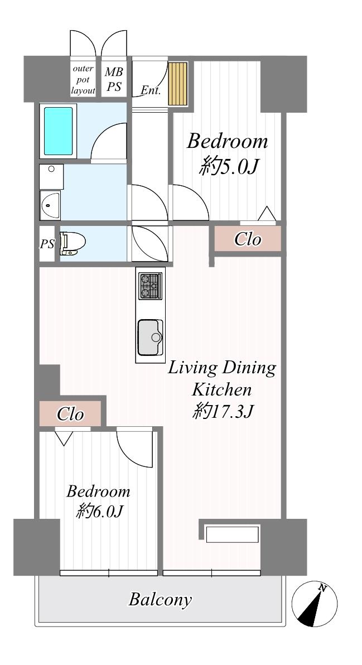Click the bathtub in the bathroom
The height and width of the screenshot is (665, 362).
pyautogui.click(x=58, y=131)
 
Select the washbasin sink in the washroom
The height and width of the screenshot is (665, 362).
pyautogui.click(x=50, y=204)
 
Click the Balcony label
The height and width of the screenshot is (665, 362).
pyautogui.click(x=160, y=600)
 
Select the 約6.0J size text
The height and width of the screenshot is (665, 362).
pyautogui.click(x=100, y=512)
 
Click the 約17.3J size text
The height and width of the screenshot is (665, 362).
pyautogui.click(x=223, y=411)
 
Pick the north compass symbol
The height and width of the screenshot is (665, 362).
pyautogui.click(x=315, y=604)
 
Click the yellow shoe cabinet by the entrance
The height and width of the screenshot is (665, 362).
pyautogui.click(x=178, y=84)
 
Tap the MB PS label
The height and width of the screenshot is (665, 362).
pyautogui.click(x=114, y=79)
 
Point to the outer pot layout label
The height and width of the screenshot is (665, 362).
pyautogui.click(x=83, y=80)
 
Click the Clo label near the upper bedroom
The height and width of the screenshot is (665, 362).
pyautogui.click(x=248, y=240)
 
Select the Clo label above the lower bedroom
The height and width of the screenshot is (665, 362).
pyautogui.click(x=70, y=414)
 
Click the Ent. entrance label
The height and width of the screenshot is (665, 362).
pyautogui.click(x=151, y=90)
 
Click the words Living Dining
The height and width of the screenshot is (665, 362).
pyautogui.click(x=222, y=368)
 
